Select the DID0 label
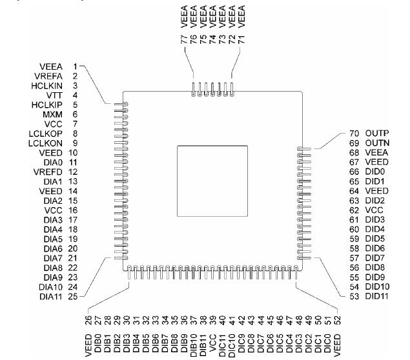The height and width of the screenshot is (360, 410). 374,172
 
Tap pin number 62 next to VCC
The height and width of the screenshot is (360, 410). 353,210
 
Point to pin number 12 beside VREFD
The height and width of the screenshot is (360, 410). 74,172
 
